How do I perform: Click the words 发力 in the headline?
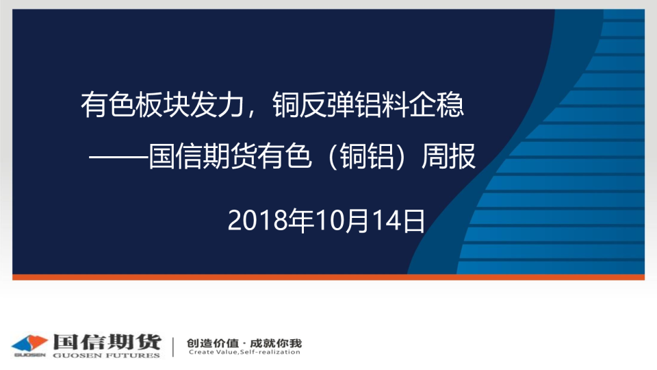(217, 105)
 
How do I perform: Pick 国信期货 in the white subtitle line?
(203, 156)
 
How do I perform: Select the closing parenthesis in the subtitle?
(401, 156)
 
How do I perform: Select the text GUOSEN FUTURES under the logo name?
(107, 356)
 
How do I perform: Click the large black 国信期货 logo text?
(107, 342)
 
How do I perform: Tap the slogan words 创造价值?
(212, 343)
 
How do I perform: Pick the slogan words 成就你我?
(276, 343)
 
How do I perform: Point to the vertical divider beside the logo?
(173, 347)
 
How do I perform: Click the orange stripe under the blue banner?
(328, 277)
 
